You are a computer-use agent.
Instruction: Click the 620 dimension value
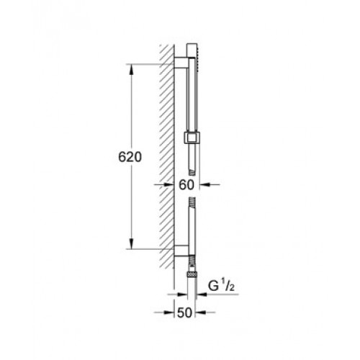click(130, 158)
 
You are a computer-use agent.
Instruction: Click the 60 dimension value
click(186, 185)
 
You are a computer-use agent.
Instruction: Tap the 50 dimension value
click(184, 312)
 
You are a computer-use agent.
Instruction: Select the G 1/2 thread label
click(221, 286)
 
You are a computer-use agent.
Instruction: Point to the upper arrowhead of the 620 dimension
click(131, 69)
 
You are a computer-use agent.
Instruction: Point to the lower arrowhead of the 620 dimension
click(131, 244)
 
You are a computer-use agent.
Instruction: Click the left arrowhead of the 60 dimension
click(169, 184)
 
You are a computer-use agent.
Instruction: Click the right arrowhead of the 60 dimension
click(204, 184)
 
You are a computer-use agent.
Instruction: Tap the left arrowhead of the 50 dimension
click(169, 312)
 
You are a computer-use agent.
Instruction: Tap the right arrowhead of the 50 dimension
click(201, 312)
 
